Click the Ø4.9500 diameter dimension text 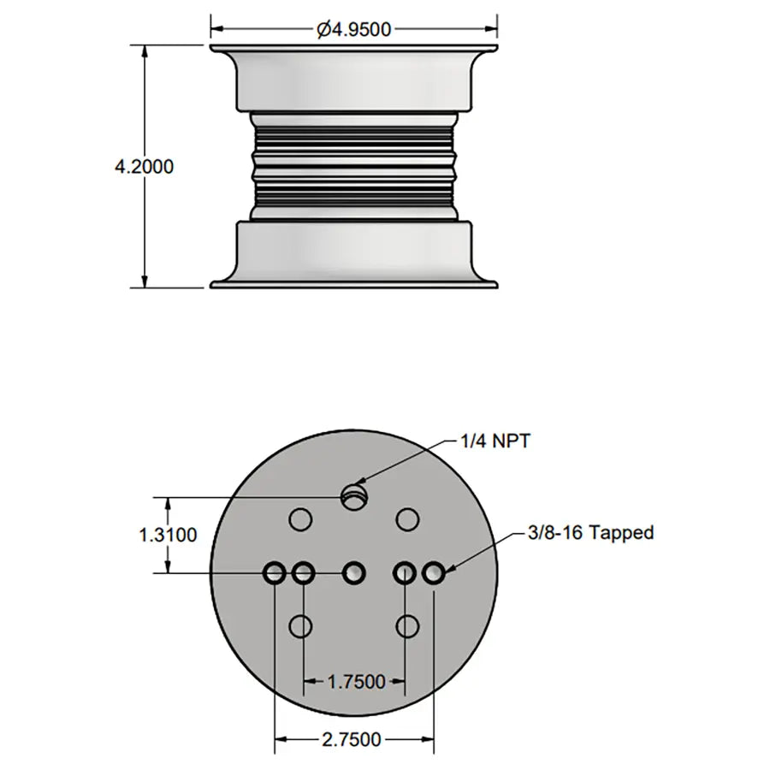(x=353, y=29)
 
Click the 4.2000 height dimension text (x=144, y=166)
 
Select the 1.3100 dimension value (x=168, y=535)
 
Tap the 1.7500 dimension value (x=355, y=682)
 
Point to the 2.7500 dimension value (x=353, y=739)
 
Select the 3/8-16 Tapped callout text (x=591, y=533)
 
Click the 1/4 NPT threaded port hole (x=352, y=495)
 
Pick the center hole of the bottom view (x=354, y=572)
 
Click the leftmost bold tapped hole (x=275, y=572)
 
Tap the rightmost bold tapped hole (x=434, y=572)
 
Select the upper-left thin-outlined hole (x=299, y=518)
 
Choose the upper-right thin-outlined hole (x=408, y=518)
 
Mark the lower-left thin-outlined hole (x=299, y=626)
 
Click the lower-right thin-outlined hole (x=408, y=626)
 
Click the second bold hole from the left (x=303, y=572)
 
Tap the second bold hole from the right (x=405, y=572)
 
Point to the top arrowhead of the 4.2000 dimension (x=145, y=50)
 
